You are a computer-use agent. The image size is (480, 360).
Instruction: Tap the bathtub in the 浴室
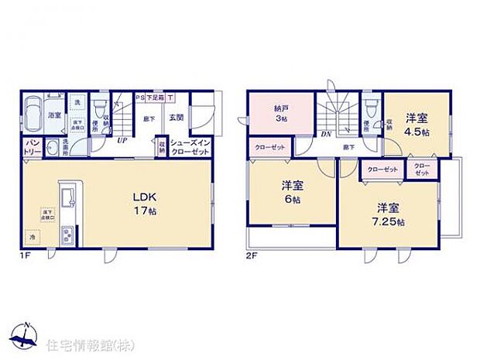pyautogui.click(x=33, y=115)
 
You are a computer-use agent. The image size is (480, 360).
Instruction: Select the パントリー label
pyautogui.click(x=32, y=148)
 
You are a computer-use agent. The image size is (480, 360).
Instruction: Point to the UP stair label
pyautogui.click(x=122, y=141)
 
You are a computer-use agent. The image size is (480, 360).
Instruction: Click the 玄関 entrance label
pyautogui.click(x=176, y=118)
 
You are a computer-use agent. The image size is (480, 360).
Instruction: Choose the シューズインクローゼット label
pyautogui.click(x=189, y=147)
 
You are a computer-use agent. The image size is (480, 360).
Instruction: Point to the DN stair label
pyautogui.click(x=327, y=134)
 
